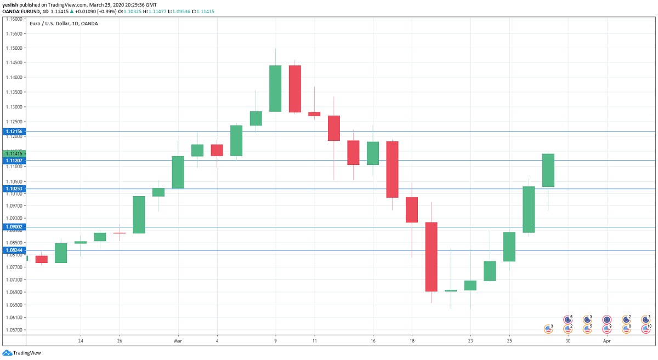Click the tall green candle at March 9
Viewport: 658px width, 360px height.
tap(275, 88)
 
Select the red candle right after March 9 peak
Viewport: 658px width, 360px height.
tap(295, 88)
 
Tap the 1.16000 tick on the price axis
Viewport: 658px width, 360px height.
tap(14, 19)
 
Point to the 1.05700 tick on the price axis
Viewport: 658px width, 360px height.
tap(14, 330)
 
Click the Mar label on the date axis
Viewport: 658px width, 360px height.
tap(178, 341)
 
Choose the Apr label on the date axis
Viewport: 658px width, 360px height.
tap(606, 341)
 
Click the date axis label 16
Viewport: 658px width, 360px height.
tap(373, 341)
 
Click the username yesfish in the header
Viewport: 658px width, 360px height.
tap(11, 4)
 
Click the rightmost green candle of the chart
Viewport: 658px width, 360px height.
tap(548, 170)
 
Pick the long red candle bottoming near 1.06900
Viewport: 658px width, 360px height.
tap(431, 256)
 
